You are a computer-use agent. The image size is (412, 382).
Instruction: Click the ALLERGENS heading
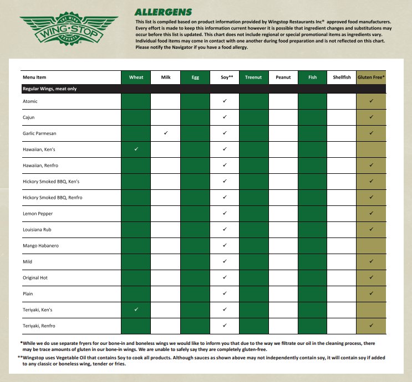[164, 12]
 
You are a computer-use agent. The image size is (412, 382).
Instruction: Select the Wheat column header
[136, 78]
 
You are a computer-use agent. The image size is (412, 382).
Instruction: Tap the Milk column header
[165, 78]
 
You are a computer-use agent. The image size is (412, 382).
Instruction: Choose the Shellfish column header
[342, 78]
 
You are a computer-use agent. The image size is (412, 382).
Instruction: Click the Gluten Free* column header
[371, 78]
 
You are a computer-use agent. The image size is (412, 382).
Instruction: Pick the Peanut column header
[283, 78]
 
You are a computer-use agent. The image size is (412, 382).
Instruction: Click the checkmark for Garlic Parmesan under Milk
[165, 133]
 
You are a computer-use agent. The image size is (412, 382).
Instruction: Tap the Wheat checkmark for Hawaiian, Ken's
[136, 149]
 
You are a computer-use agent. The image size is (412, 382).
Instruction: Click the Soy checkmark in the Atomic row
[224, 101]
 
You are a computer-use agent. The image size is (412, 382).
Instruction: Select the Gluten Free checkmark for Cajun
[371, 117]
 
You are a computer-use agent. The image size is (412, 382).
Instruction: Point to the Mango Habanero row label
[40, 246]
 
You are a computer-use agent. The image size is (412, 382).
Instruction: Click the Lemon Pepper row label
[38, 214]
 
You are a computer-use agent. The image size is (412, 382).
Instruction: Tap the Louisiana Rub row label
[38, 230]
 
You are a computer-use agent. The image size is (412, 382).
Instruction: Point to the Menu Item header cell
[34, 78]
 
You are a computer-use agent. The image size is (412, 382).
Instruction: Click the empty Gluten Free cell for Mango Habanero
[371, 246]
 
